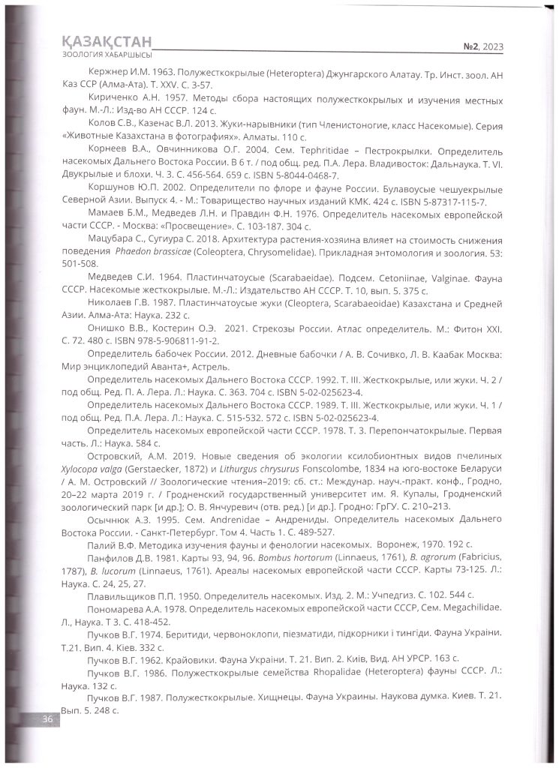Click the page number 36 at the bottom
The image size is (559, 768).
click(47, 720)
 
